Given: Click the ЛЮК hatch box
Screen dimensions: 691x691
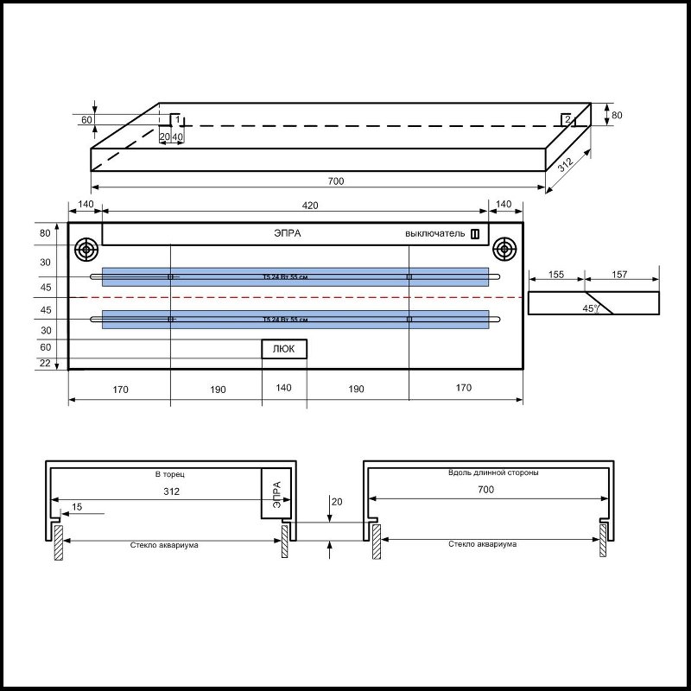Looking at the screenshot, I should pyautogui.click(x=285, y=349).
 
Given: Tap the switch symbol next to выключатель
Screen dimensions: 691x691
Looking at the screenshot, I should pyautogui.click(x=474, y=233).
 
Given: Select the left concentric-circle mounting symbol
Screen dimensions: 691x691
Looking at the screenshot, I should pyautogui.click(x=86, y=250).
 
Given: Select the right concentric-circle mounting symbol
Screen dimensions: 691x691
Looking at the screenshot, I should pyautogui.click(x=504, y=250).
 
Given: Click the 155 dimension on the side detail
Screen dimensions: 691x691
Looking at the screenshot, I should pyautogui.click(x=556, y=274).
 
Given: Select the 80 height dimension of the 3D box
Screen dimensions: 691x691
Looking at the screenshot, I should pyautogui.click(x=616, y=114).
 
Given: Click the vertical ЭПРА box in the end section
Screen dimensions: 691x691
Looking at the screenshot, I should pyautogui.click(x=276, y=493).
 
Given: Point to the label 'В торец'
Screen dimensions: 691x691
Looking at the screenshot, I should pyautogui.click(x=169, y=475).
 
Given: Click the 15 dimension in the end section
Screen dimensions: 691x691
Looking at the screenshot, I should pyautogui.click(x=78, y=508).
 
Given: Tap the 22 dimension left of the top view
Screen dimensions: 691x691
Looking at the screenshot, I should pyautogui.click(x=46, y=363).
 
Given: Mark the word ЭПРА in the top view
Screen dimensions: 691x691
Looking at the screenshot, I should pyautogui.click(x=288, y=233).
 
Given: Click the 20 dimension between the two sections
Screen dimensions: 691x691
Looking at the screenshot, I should pyautogui.click(x=337, y=501).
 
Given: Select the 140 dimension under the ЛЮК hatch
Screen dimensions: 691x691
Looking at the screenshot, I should pyautogui.click(x=285, y=390).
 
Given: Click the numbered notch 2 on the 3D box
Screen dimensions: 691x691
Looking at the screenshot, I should pyautogui.click(x=567, y=119).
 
